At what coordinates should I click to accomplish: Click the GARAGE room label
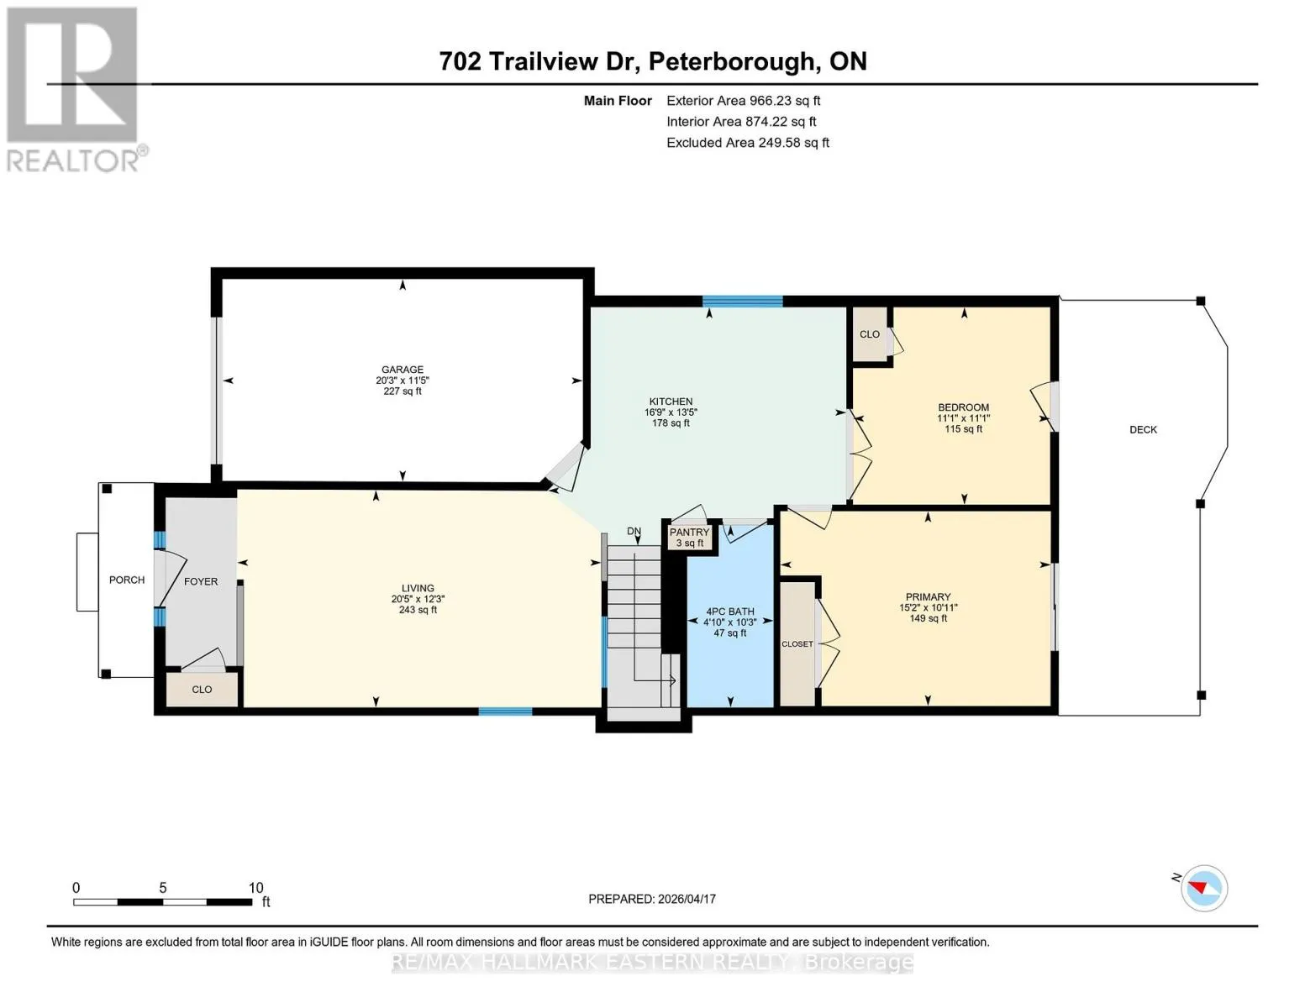[x=403, y=370]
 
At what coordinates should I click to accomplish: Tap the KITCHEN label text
[x=671, y=402]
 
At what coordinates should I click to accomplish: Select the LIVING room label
[x=418, y=588]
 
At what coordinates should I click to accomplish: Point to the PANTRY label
[x=689, y=533]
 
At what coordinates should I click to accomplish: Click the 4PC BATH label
[x=729, y=612]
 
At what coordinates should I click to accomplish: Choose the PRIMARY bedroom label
[x=928, y=596]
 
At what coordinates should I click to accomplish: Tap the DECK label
[x=1143, y=430]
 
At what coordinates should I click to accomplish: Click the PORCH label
[x=127, y=580]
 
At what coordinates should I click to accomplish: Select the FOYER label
[x=201, y=582]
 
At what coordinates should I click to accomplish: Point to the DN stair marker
[x=634, y=532]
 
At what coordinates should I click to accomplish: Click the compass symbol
[x=1203, y=888]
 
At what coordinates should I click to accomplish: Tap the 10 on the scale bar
[x=255, y=888]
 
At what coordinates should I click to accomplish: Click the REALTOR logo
[x=75, y=90]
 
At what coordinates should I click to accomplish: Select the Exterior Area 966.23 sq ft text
[x=743, y=101]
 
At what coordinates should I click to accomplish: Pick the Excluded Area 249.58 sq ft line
[x=748, y=143]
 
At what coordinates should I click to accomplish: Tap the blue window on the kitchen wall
[x=742, y=302]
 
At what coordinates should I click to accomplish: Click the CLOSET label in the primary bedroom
[x=797, y=644]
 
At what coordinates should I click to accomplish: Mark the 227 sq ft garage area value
[x=403, y=391]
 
